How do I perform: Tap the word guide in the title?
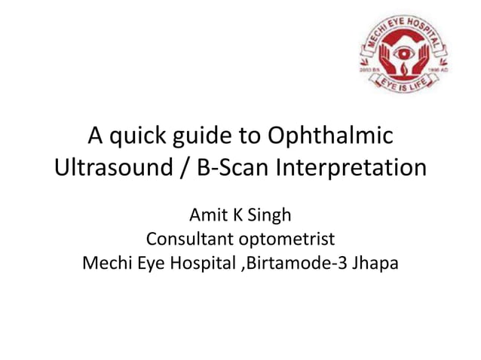coord(207,139)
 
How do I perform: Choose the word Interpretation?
coord(352,167)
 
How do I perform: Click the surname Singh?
coord(269,216)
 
